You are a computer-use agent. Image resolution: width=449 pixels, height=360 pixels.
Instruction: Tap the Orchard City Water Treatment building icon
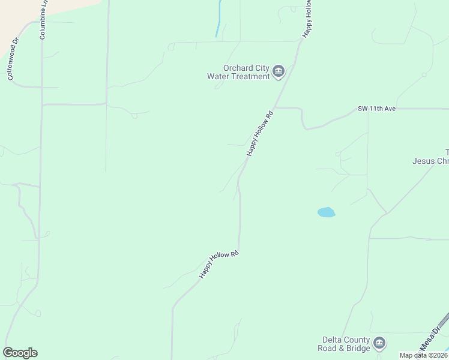[x=279, y=72]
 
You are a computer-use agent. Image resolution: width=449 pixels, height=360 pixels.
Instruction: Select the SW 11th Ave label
[x=377, y=108]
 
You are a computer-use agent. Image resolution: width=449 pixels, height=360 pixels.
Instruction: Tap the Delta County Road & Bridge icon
[x=379, y=344]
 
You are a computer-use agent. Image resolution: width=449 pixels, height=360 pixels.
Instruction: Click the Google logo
[x=20, y=353]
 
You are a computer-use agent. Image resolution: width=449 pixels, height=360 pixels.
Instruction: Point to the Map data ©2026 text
[x=423, y=355]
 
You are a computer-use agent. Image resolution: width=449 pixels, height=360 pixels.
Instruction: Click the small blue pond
[x=325, y=212]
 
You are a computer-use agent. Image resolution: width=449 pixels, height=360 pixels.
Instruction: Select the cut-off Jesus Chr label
[x=430, y=160]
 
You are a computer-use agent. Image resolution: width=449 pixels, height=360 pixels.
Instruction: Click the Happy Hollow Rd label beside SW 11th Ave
[x=260, y=134]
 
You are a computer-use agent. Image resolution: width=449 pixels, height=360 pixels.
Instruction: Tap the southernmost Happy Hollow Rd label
[x=219, y=264]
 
